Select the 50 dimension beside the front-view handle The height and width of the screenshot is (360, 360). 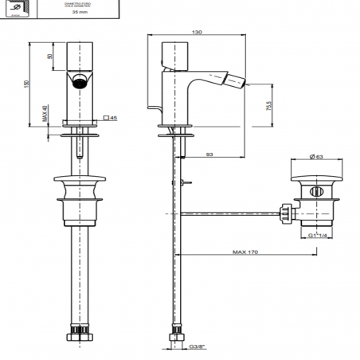coord(50,58)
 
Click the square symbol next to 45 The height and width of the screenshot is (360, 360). coord(105,118)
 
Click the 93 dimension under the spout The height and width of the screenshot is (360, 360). coord(209,154)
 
